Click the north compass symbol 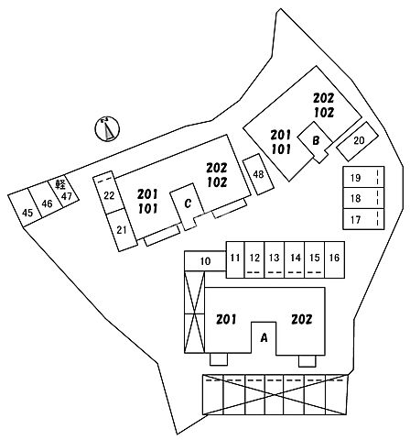coord(107,129)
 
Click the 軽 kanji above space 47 coord(60,184)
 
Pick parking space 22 coord(109,193)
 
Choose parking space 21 coord(121,230)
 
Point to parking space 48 coord(258,174)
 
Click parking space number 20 coord(357,141)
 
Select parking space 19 coord(363,177)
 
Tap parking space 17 coord(363,219)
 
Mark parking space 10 coord(205,261)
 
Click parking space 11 coord(235,259)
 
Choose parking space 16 coord(335,259)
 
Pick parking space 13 coord(275,259)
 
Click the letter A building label coord(264,337)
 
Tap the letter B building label coord(316,140)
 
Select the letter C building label coord(188,203)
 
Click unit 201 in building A coord(226,320)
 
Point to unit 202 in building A coord(302,320)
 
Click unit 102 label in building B coord(324,113)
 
